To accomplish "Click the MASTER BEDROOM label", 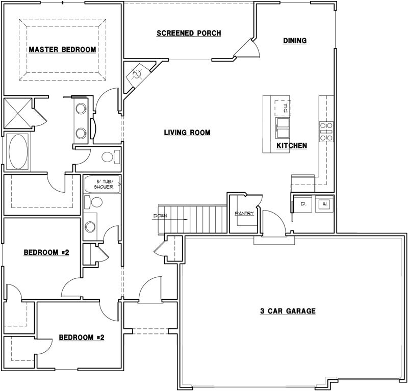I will point(62,49).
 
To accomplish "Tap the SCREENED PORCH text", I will point(189,34).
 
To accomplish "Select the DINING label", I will point(295,41).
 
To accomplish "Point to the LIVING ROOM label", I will point(187,133).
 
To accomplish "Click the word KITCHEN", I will point(292,146).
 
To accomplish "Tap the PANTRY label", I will point(244,213).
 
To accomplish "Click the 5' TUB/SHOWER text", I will point(103,184).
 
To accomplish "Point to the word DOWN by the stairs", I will point(160,216).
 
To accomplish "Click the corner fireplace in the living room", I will point(137,74).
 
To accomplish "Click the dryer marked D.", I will point(303,204).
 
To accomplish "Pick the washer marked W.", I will point(323,204).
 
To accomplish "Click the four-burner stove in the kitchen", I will point(326,131).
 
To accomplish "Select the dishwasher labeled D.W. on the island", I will point(283,107).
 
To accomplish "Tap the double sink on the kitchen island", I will point(283,128).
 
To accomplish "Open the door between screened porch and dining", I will point(248,49).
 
